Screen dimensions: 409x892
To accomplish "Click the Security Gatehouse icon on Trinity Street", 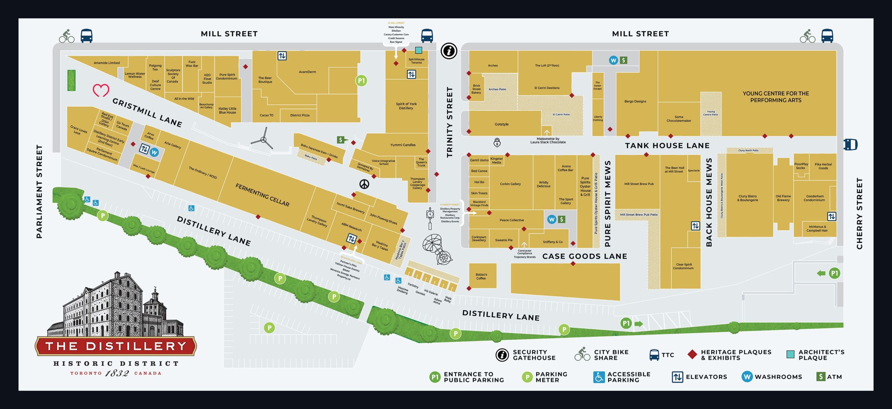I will (449, 52).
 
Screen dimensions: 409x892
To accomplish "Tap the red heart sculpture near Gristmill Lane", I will (101, 90).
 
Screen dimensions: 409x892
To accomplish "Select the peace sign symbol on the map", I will (364, 184).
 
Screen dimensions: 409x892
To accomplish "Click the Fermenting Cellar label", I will (262, 195).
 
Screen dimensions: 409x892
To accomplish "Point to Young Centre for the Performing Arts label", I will (776, 97).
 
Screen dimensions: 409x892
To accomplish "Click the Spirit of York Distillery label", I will (406, 106).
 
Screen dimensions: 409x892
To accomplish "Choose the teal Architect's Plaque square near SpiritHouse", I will (418, 50).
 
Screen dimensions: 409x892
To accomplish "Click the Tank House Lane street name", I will (667, 145).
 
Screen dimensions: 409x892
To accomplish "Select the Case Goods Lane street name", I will (584, 257).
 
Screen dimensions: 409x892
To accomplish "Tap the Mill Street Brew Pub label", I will (639, 184).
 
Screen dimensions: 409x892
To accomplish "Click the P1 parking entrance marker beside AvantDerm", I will (361, 81).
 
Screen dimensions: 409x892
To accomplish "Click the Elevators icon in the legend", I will (677, 377).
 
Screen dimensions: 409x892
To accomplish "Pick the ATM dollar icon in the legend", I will (821, 376).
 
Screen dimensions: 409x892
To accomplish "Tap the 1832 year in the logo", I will (117, 373).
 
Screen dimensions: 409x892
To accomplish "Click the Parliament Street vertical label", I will (39, 191).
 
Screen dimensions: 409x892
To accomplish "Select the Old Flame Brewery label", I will (783, 198).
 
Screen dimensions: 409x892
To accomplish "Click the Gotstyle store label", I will (501, 124).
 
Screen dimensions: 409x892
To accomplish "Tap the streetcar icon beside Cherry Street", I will (850, 144).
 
